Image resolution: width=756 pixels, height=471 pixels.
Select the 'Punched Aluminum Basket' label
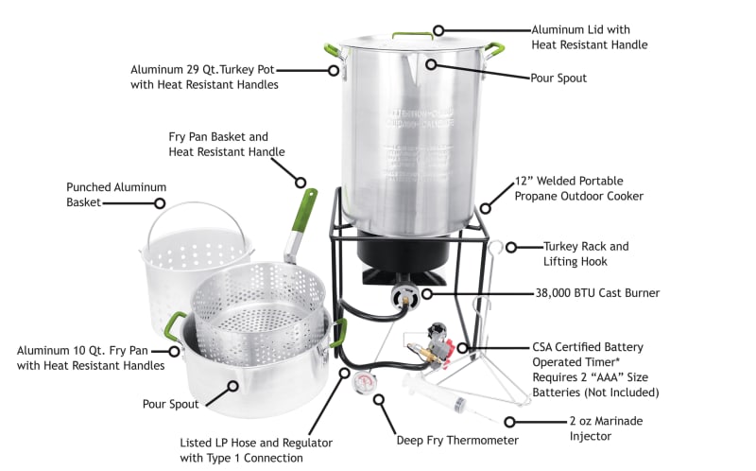click(x=116, y=194)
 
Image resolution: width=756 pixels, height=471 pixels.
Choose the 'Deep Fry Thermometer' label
click(x=456, y=440)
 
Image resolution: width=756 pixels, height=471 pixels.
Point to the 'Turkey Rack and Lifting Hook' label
click(x=586, y=253)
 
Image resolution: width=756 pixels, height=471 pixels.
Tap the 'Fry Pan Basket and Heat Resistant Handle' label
click(x=227, y=144)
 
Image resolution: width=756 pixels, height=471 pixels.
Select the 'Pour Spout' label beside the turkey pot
click(x=558, y=78)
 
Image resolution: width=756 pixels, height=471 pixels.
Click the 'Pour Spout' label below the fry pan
click(x=170, y=404)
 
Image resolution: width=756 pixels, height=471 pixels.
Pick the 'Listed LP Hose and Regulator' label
click(x=242, y=450)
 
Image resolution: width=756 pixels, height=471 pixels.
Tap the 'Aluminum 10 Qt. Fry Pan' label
click(x=90, y=358)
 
